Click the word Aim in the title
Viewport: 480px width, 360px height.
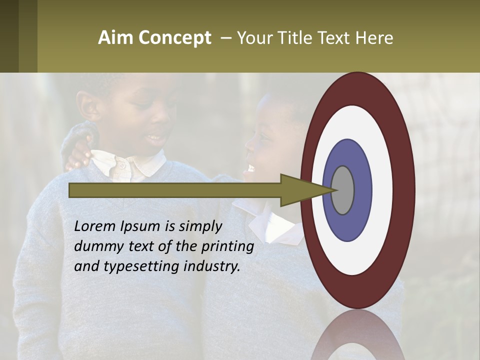[x=115, y=38]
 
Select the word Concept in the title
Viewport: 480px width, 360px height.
[x=174, y=38]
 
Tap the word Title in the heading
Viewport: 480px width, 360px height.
[x=300, y=38]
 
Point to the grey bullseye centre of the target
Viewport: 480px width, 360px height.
[x=342, y=190]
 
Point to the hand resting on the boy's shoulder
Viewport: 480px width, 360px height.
[x=80, y=150]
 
